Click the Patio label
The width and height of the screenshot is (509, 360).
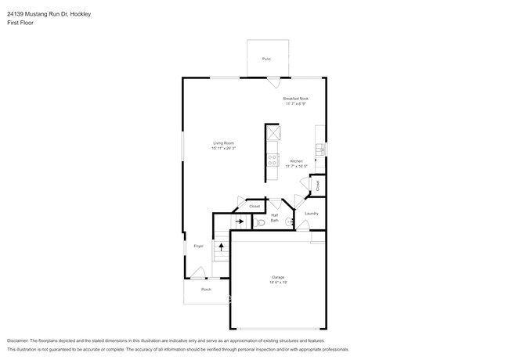pos(266,58)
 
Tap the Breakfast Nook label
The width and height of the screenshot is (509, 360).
pos(296,99)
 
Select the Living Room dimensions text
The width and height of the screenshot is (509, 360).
pos(223,149)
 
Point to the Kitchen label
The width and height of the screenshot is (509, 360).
pos(296,160)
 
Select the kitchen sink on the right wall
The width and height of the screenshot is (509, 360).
pos(319,149)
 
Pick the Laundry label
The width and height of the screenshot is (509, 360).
pos(311,213)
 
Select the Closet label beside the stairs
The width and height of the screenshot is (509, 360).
pos(254,207)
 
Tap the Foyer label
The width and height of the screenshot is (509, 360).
pos(199,247)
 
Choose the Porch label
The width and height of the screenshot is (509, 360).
pos(206,290)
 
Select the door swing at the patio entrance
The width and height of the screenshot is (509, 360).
pos(272,82)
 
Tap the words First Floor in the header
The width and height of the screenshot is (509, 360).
pos(20,23)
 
